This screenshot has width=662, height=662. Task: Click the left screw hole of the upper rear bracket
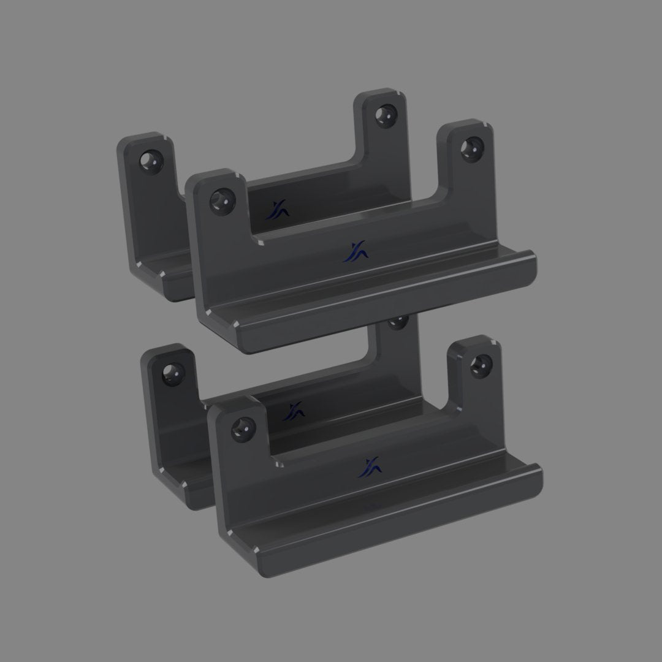coord(150,161)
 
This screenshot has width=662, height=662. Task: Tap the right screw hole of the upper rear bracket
coord(386,115)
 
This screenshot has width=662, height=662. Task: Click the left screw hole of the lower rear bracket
coord(171,372)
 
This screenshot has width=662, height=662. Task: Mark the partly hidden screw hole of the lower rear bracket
coord(400,320)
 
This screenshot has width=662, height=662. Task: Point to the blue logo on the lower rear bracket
coord(294,411)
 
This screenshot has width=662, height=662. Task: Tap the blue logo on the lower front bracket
coord(371,466)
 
